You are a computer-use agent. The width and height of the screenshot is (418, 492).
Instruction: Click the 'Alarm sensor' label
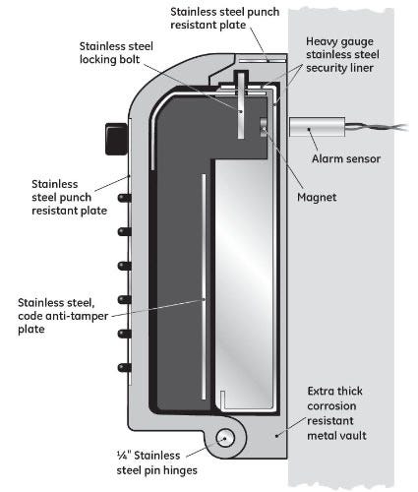point(346,159)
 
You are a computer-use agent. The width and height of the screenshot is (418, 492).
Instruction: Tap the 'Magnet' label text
point(317,197)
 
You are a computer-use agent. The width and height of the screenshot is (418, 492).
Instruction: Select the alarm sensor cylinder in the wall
point(317,127)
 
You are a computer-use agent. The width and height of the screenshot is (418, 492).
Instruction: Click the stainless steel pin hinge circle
point(225,439)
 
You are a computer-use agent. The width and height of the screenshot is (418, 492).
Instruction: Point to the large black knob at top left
point(116,139)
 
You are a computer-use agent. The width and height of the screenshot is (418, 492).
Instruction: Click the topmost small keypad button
point(125,198)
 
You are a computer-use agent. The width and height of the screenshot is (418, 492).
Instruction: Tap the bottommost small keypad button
point(125,367)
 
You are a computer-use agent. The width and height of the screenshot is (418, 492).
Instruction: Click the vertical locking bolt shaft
point(241,105)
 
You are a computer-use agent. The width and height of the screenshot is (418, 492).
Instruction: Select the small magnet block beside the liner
point(264,127)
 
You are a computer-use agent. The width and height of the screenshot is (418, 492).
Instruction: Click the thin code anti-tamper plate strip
point(204,286)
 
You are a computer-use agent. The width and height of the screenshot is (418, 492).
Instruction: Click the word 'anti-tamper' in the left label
point(78,316)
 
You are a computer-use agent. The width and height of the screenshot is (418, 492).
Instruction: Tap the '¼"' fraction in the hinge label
point(124,456)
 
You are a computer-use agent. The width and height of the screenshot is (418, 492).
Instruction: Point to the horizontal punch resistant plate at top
point(262,61)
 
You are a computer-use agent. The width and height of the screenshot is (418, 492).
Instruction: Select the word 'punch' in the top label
point(264,12)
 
